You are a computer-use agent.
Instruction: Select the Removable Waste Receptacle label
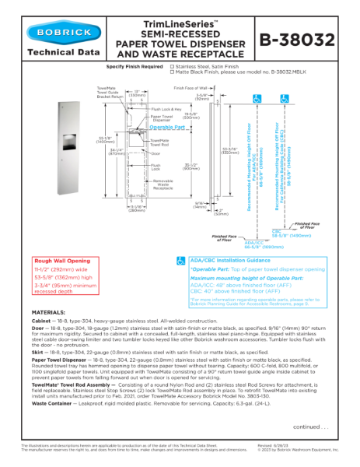click(162, 184)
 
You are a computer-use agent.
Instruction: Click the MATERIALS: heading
click(48, 311)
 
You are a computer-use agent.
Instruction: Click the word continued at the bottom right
click(311, 427)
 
